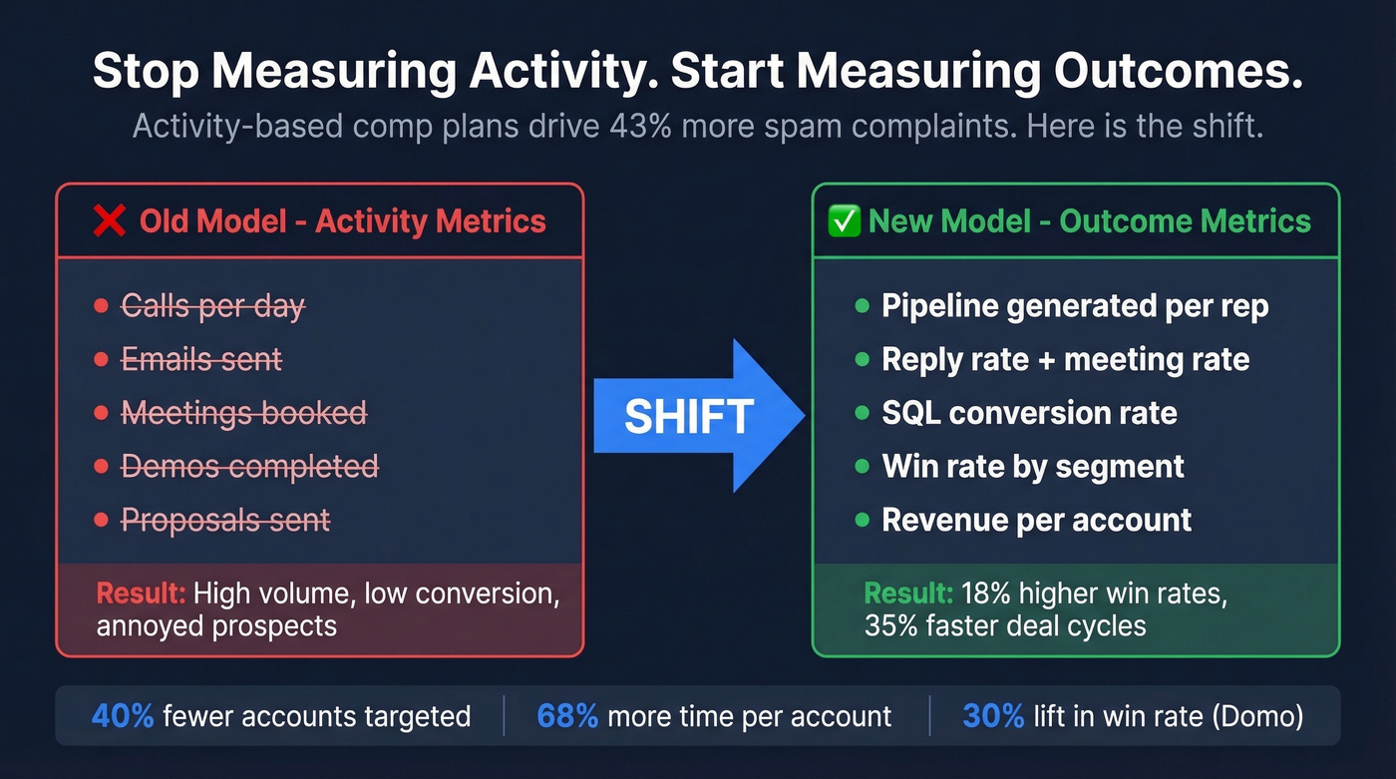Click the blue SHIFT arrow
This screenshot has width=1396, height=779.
coord(698,416)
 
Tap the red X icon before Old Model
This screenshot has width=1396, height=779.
coord(109,220)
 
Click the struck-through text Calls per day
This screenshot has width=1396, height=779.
coord(212,306)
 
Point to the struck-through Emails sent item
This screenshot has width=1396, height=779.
coord(201,359)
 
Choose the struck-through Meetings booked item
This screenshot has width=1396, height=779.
coord(243,413)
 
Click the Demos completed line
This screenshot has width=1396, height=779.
coord(249,466)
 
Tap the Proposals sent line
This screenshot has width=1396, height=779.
coord(225,520)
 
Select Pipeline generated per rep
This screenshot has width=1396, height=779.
coord(1075,306)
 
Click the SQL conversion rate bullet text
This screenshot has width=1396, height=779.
coord(1029,413)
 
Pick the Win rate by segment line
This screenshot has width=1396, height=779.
coord(1033,466)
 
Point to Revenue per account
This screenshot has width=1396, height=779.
coord(1037,520)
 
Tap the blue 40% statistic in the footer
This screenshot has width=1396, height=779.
coord(123,715)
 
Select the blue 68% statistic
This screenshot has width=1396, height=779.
coord(567,715)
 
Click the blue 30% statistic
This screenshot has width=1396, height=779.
coord(993,715)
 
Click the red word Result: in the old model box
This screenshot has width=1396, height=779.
coord(141,593)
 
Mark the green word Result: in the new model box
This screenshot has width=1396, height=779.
coord(908,593)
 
